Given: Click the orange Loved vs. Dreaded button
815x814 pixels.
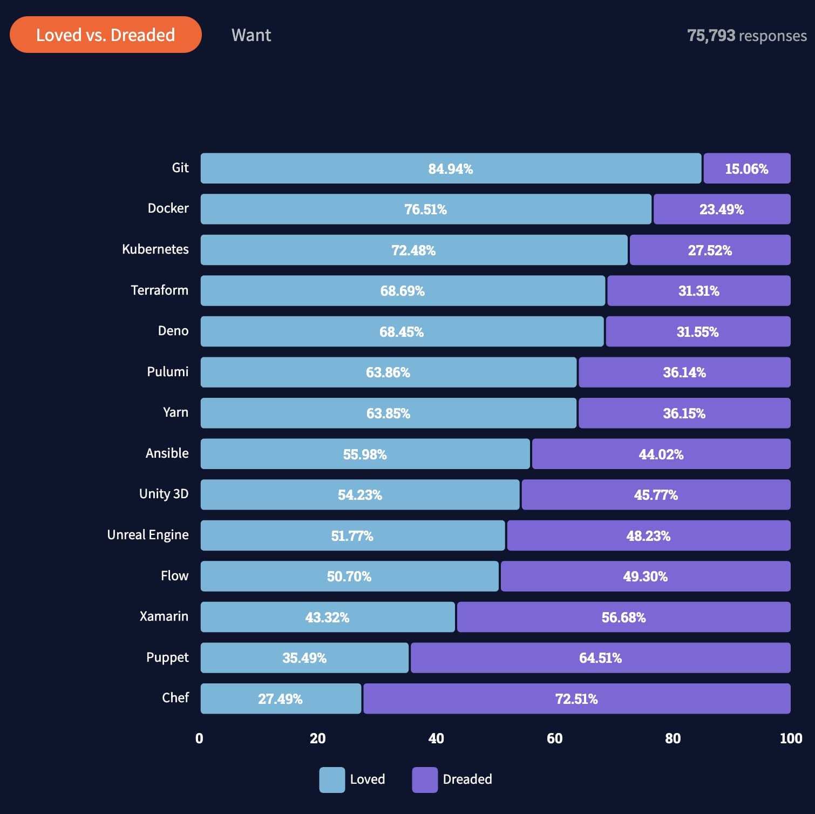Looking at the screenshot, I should point(106,35).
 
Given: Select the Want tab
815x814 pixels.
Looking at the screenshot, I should point(251,35).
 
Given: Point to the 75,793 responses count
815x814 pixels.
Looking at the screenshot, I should point(746,36).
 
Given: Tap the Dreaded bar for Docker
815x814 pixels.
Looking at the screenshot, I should point(722,209).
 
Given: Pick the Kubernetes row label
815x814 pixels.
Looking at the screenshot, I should point(155,249).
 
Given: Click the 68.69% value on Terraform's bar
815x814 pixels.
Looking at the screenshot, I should point(402,291).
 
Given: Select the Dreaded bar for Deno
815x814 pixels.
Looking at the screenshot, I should point(697,331).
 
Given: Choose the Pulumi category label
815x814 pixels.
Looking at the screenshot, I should point(168,372).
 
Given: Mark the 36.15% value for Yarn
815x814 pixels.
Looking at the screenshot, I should point(684,413).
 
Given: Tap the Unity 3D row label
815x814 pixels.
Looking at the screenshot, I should point(164,494).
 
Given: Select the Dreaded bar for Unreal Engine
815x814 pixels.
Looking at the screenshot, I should point(648,535).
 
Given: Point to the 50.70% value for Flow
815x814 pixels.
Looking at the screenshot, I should point(349,576).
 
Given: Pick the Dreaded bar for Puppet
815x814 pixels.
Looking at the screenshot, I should point(600,657).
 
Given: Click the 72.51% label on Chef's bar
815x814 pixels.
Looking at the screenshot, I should point(576,699).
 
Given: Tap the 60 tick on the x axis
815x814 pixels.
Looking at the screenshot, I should point(554,738).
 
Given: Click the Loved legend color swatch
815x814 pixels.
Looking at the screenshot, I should point(332,779).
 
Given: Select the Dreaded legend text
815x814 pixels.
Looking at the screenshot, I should point(467,779).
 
